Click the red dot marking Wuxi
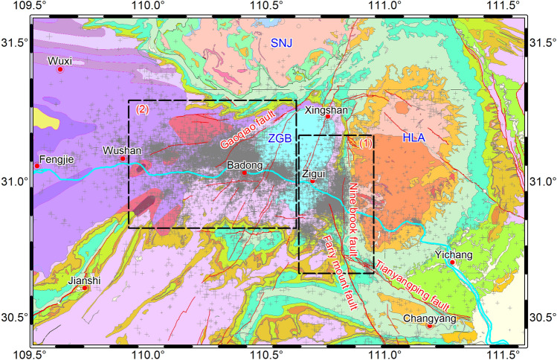coord(60,69)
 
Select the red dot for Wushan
coord(123,158)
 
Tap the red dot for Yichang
coord(452,262)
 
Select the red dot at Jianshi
coord(85,288)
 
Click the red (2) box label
coord(142,109)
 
